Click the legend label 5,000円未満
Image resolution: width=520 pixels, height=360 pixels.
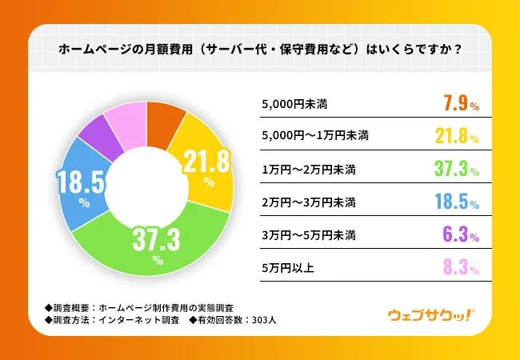[x=294, y=104]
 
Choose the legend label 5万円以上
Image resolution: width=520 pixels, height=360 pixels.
[x=288, y=268]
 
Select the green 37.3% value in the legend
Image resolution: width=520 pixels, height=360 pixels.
[x=457, y=169]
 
